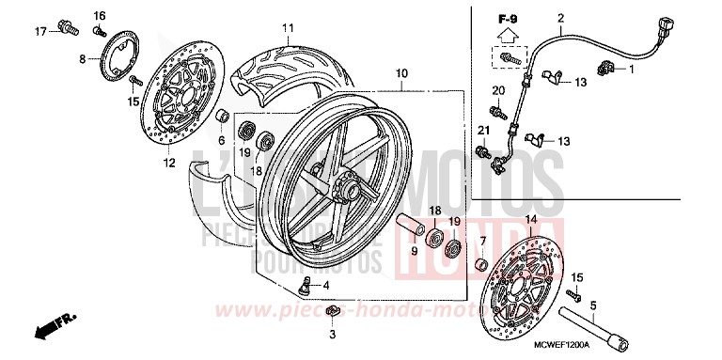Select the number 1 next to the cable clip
coord(633,68)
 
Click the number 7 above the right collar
coord(481,243)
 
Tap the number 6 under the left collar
coord(221,140)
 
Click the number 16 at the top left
coord(100,14)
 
